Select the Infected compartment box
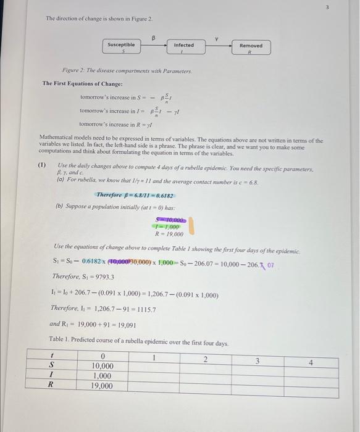tap(183, 48)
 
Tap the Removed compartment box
tap(250, 48)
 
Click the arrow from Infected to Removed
tap(216, 44)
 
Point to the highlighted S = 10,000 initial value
tap(170, 220)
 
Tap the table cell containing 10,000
tap(102, 366)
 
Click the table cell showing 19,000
tap(102, 386)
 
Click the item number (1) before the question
tap(42, 165)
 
